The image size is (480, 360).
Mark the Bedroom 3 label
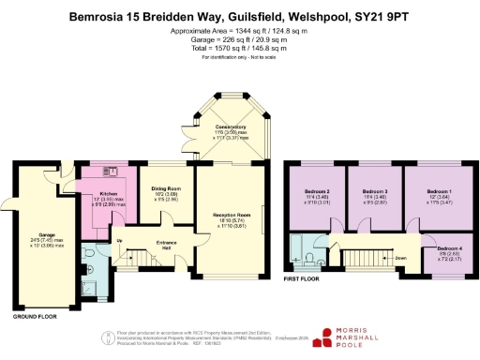tap(375, 191)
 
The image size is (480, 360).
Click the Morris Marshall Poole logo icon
tap(324, 337)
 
